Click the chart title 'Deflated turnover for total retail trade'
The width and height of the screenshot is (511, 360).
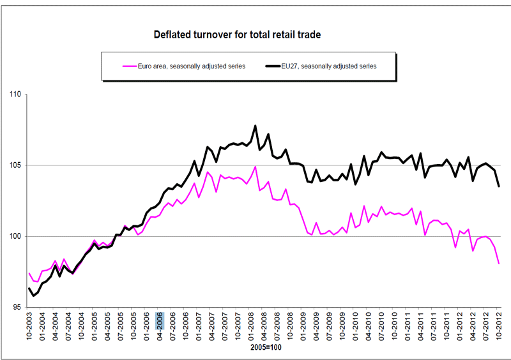237,34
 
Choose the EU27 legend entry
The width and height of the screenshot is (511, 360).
328,65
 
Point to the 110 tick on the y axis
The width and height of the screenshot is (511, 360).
15,95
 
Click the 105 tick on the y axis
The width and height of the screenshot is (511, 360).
15,166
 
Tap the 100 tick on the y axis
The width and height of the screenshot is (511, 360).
15,237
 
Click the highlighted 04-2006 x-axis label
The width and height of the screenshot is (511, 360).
160,329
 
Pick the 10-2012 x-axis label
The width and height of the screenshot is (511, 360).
500,329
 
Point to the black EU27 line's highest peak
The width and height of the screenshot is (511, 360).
256,126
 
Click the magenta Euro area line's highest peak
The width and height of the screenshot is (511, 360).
256,167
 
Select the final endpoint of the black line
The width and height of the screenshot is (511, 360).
499,186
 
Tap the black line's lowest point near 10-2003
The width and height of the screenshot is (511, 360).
34,296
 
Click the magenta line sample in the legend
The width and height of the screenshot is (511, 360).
130,65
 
